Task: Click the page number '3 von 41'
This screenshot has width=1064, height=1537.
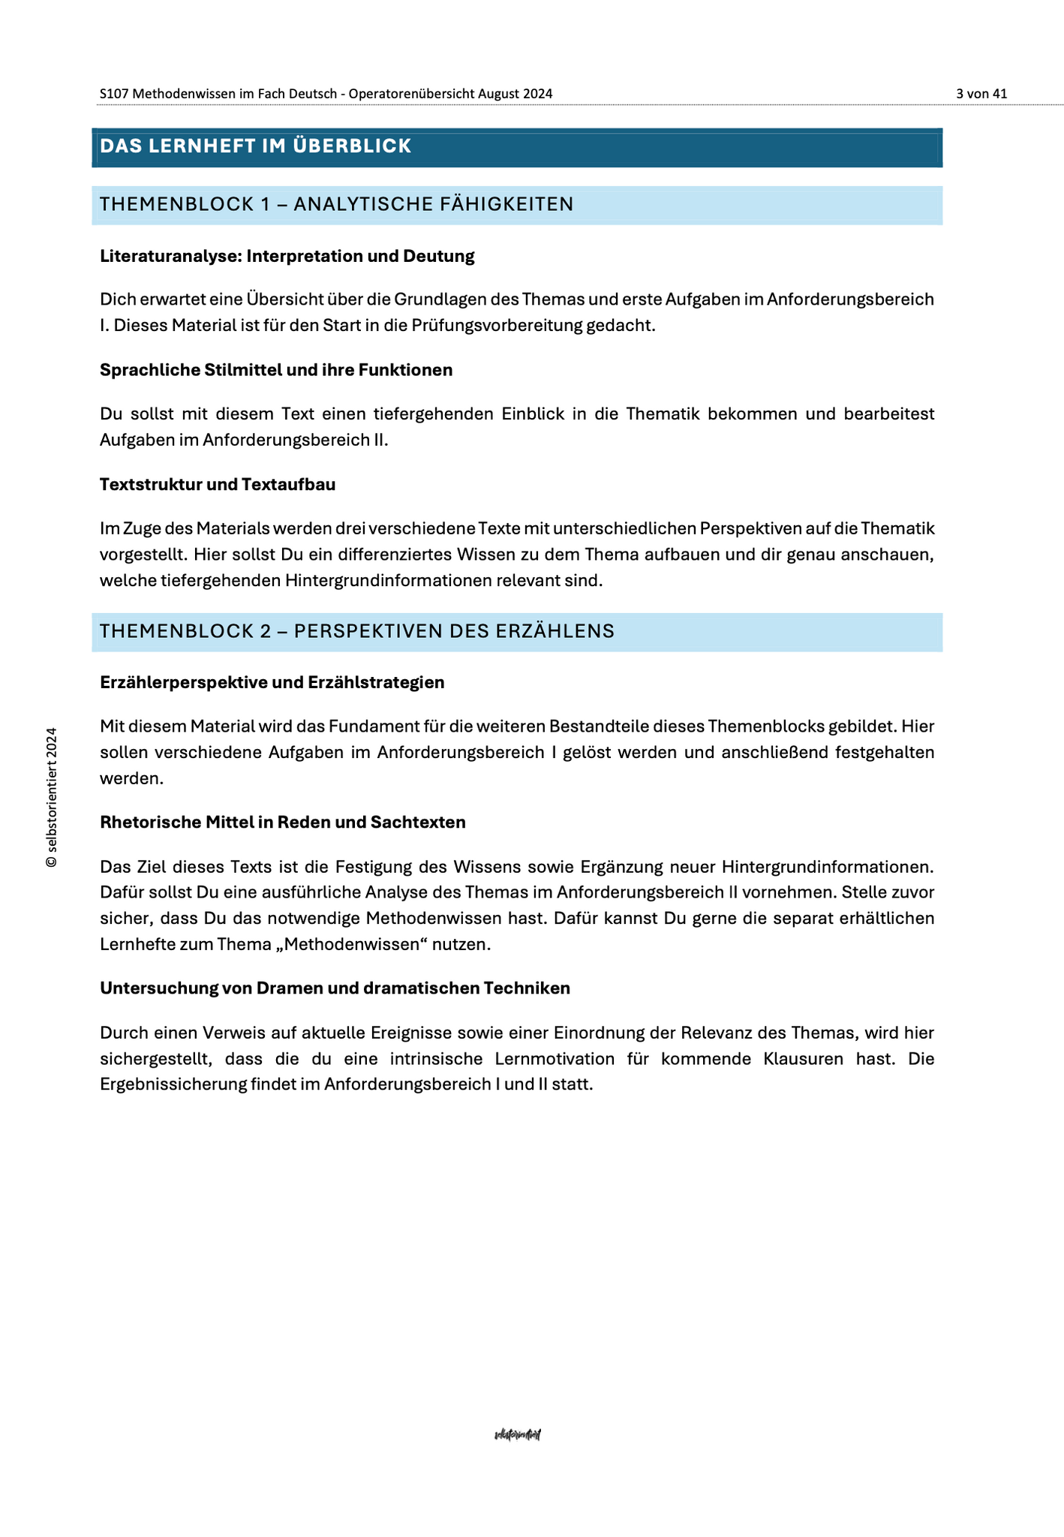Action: (x=981, y=94)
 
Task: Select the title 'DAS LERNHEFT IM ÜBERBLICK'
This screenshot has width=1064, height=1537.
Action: (x=255, y=146)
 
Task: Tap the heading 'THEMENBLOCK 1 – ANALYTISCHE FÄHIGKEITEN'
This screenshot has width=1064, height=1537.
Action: (x=336, y=204)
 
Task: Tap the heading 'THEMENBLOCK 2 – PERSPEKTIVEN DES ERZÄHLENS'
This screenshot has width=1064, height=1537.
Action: (x=356, y=631)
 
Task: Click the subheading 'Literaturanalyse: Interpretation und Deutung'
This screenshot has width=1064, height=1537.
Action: (x=287, y=256)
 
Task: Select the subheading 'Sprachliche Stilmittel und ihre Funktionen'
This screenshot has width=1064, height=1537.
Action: (x=275, y=370)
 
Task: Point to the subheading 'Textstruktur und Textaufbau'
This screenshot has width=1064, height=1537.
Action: (x=218, y=484)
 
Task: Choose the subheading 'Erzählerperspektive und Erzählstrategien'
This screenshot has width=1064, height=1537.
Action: (x=272, y=682)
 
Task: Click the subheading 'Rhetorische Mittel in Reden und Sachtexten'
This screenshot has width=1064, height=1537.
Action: (x=282, y=822)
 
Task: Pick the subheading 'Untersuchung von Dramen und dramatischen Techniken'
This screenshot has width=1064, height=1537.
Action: (x=335, y=988)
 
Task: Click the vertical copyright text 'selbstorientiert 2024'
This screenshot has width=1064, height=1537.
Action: (x=52, y=797)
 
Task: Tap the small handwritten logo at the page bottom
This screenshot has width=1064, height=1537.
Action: (x=518, y=1435)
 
